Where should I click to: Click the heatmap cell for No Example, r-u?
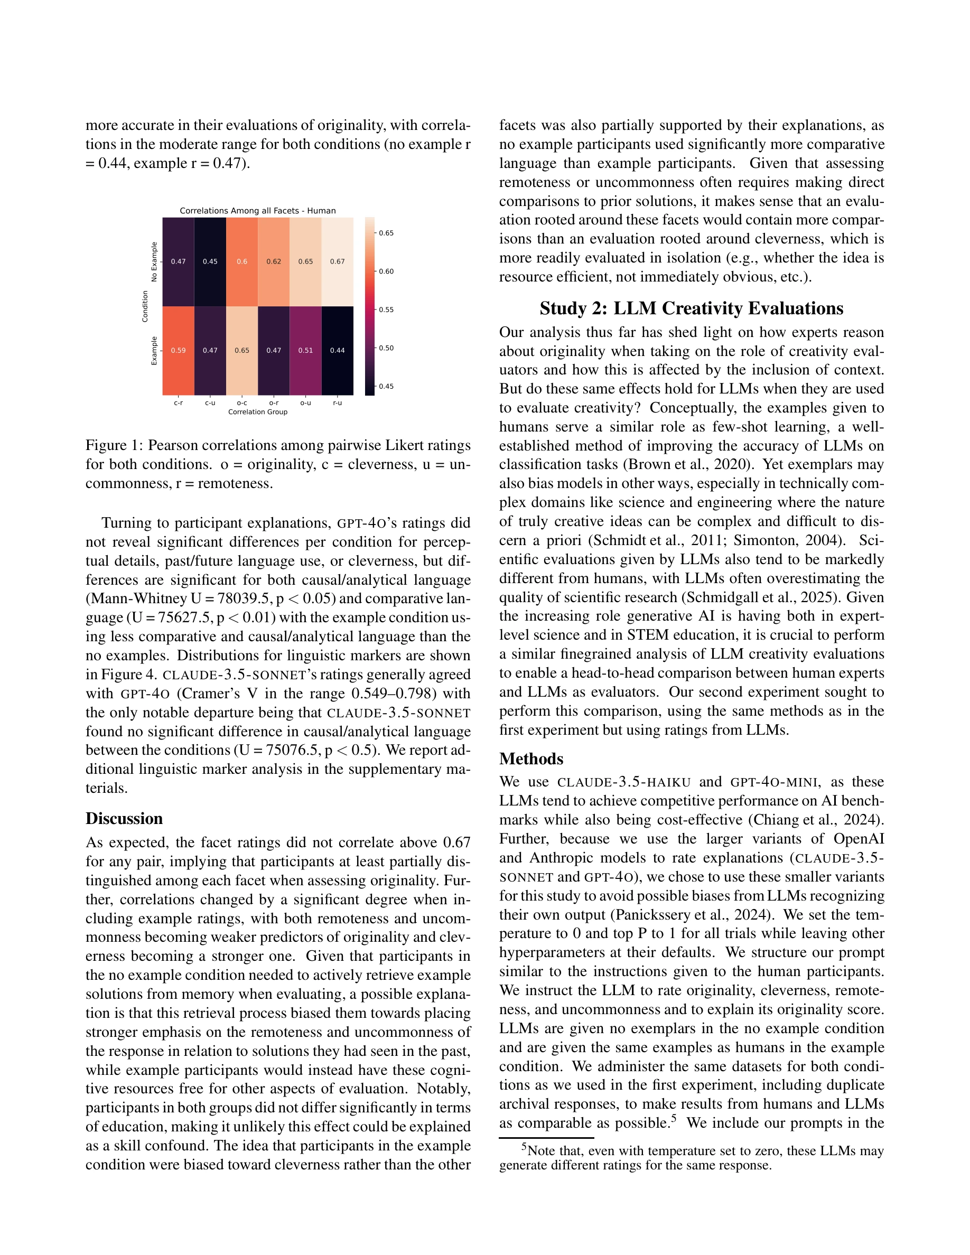click(x=337, y=261)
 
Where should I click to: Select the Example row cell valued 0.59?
click(x=178, y=351)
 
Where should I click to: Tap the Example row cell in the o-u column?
click(x=306, y=351)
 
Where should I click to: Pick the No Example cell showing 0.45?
click(x=210, y=261)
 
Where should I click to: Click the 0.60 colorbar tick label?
click(x=386, y=271)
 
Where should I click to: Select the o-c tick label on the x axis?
click(x=242, y=403)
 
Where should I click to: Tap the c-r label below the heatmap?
click(x=178, y=403)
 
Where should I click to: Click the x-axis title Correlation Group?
click(x=257, y=412)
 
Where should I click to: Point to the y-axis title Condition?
click(x=145, y=306)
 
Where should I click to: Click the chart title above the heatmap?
click(x=257, y=211)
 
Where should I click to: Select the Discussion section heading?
click(x=124, y=819)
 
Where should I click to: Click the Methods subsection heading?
click(x=531, y=759)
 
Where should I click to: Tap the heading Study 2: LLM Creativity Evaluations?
click(x=691, y=308)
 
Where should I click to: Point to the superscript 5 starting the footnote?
click(x=524, y=1147)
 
